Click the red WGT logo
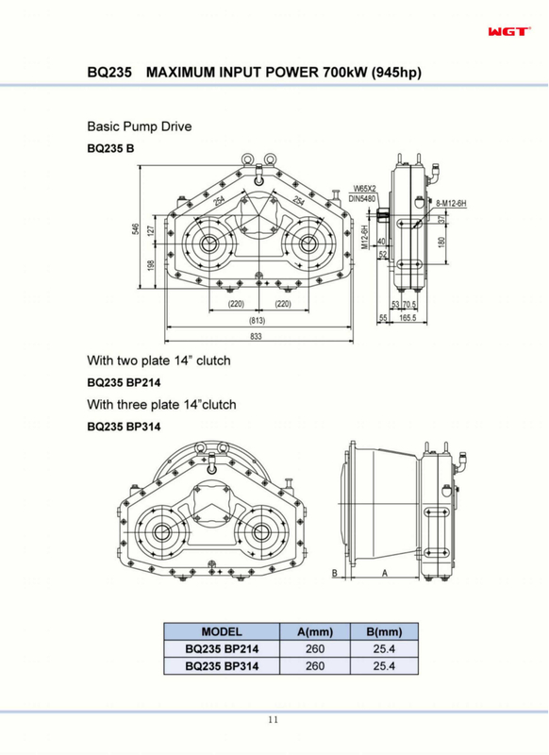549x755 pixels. tap(509, 31)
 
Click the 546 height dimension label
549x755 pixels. tap(136, 229)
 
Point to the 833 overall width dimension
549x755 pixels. tap(256, 336)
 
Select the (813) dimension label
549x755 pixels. tap(257, 320)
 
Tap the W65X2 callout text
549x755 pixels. tap(364, 189)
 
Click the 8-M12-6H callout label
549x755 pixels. tap(451, 204)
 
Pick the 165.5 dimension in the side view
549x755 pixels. tap(408, 318)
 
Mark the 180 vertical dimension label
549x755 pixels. tap(441, 242)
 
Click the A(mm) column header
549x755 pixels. tap(315, 631)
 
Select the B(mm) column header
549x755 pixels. tap(384, 631)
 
